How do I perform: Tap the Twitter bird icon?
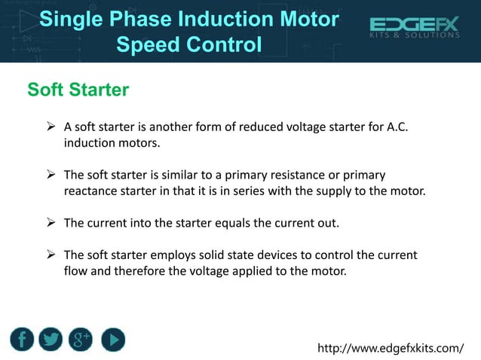click(51, 340)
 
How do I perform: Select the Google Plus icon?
click(81, 340)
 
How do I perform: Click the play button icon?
click(112, 340)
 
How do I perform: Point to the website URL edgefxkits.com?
click(391, 349)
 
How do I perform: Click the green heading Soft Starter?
click(78, 90)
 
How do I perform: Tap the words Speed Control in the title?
click(189, 44)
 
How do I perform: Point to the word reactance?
click(90, 191)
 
